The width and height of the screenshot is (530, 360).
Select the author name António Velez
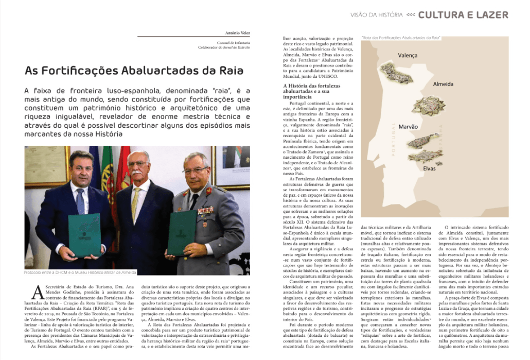[237, 33]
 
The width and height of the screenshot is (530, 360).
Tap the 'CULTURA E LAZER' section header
[463, 14]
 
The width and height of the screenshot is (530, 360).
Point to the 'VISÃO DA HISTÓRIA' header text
[376, 15]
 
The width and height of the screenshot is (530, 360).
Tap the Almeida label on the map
[444, 83]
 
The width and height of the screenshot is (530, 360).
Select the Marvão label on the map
[408, 127]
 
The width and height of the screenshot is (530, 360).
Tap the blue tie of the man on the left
[80, 201]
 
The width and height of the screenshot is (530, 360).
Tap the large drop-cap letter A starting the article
[37, 292]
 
